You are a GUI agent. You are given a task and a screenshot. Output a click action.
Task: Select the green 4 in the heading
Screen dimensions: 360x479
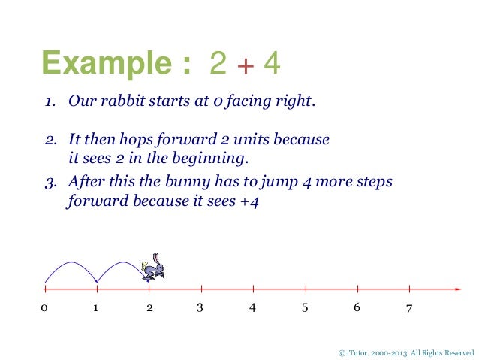point(272,65)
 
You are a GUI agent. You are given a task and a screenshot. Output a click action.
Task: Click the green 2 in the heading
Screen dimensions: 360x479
point(218,65)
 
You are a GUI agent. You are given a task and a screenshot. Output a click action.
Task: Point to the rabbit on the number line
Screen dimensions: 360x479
point(155,268)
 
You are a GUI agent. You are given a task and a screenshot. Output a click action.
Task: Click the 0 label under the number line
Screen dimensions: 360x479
point(44,308)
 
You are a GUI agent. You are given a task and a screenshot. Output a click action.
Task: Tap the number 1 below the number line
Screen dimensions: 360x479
point(96,308)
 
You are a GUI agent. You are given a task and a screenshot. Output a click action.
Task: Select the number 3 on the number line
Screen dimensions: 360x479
point(200,307)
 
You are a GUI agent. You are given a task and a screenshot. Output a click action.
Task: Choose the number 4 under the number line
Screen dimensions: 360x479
point(252,308)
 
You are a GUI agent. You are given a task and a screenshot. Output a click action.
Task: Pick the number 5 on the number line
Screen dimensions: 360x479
point(304,307)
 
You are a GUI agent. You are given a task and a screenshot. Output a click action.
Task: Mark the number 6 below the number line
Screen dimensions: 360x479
point(357,307)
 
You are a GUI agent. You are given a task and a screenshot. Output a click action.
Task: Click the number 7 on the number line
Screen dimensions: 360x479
point(408,308)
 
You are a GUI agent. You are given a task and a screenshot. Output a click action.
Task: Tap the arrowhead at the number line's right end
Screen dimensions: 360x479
point(457,289)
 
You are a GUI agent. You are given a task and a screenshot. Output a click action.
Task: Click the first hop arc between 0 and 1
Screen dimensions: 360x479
point(71,262)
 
